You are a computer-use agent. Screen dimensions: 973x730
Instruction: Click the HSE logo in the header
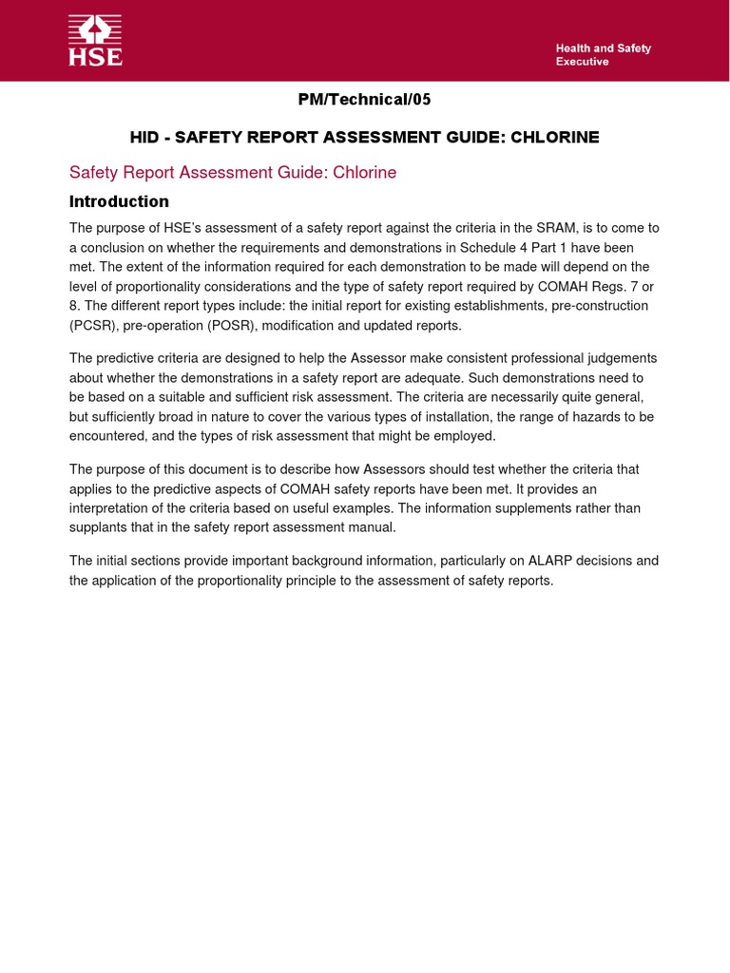pos(95,41)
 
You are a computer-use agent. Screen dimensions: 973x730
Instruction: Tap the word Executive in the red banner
pos(582,62)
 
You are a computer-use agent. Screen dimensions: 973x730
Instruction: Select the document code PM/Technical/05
pos(365,100)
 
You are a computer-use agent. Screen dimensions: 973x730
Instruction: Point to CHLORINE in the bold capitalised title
pos(555,138)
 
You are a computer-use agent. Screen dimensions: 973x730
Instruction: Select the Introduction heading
pos(119,201)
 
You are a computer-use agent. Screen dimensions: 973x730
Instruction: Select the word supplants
pos(99,527)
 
